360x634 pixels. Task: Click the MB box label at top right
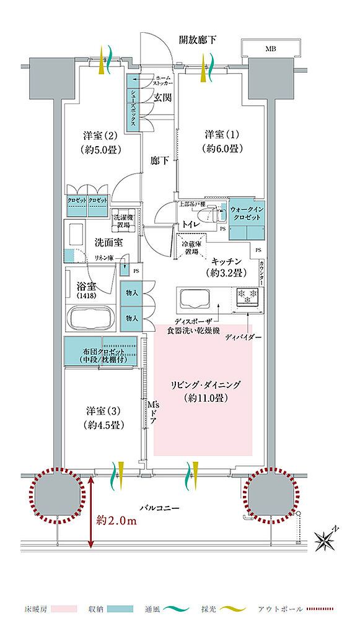coord(271,49)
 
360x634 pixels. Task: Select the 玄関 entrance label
coord(162,98)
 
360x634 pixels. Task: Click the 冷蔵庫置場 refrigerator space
coord(191,248)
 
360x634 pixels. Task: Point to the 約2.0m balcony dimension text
coord(117,521)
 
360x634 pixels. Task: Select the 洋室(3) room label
coord(103,417)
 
